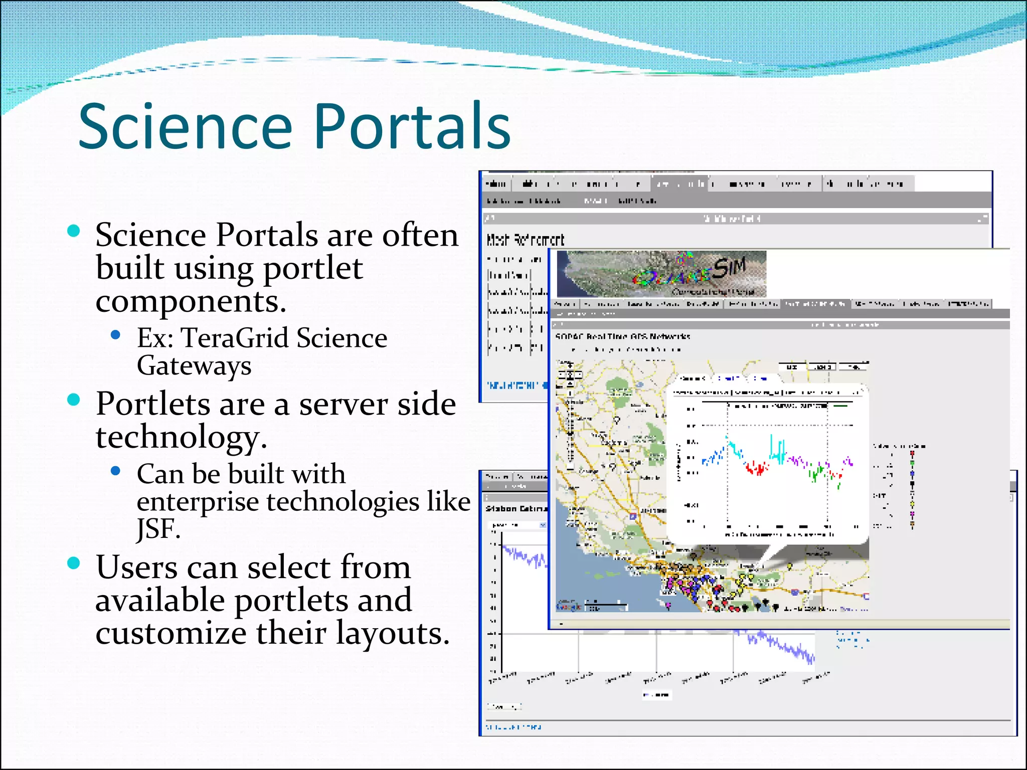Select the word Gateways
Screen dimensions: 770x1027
[194, 366]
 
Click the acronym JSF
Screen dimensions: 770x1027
[157, 528]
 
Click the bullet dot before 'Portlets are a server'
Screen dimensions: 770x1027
[74, 400]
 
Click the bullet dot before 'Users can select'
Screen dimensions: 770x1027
[74, 563]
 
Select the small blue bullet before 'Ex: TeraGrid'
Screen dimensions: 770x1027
[116, 335]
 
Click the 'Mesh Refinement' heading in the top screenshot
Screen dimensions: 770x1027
[525, 240]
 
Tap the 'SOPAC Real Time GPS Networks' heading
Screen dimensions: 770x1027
[622, 336]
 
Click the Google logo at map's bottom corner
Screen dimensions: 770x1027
[568, 607]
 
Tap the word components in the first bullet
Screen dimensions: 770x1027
[191, 302]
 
